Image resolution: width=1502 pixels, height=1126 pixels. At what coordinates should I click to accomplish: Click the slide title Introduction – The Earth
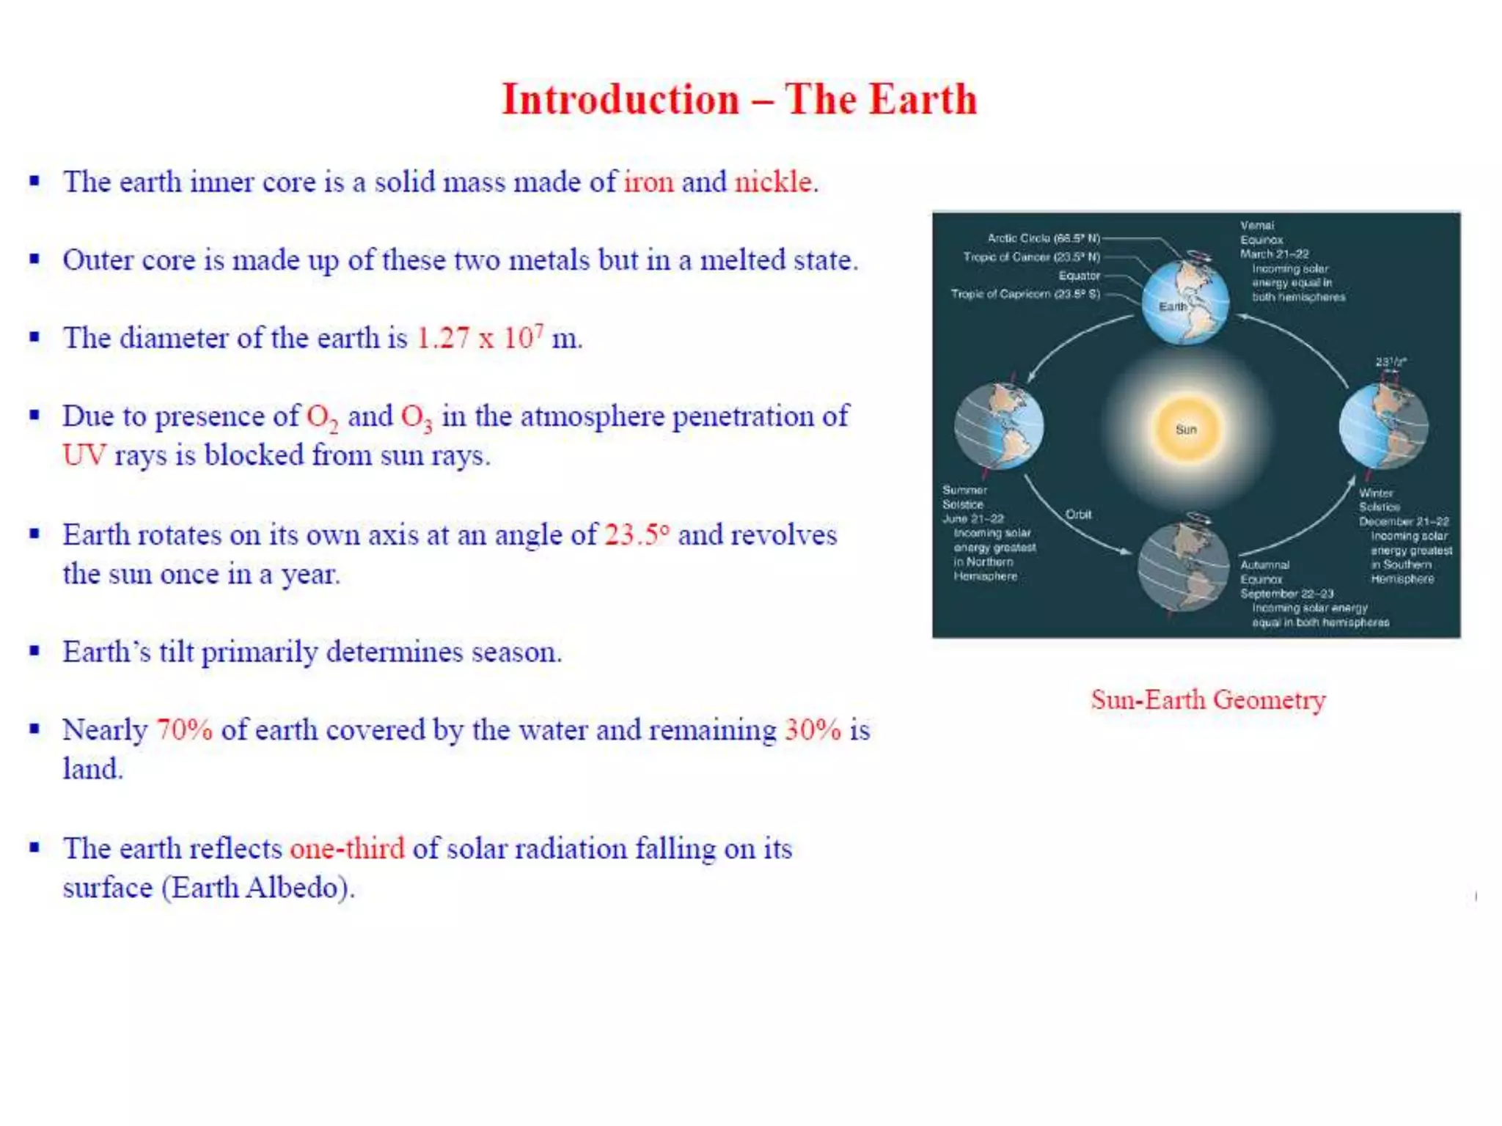(739, 99)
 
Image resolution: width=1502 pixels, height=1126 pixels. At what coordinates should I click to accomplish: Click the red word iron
(648, 182)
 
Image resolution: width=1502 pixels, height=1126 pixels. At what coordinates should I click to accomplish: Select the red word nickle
(774, 182)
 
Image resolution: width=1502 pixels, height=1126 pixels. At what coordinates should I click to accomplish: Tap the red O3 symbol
(416, 418)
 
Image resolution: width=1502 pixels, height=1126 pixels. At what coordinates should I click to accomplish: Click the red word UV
(84, 455)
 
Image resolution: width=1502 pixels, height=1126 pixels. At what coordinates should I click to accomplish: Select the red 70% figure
(184, 730)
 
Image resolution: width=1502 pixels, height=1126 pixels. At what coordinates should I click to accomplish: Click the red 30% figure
(813, 730)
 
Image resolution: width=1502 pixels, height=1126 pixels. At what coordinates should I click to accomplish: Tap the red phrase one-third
(347, 849)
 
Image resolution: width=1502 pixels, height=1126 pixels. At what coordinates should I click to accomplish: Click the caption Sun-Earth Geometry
(1208, 700)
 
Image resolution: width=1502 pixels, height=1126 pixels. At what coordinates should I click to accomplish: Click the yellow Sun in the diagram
(1186, 430)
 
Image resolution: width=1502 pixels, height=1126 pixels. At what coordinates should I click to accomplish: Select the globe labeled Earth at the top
(1185, 302)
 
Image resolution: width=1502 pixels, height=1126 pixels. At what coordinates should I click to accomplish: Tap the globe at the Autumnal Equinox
(1183, 566)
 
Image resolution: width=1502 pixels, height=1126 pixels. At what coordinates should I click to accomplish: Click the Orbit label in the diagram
(1078, 515)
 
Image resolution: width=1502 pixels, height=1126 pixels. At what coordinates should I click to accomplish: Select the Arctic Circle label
(1043, 238)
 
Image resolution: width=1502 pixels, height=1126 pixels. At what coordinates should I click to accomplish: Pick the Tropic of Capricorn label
(1025, 294)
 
